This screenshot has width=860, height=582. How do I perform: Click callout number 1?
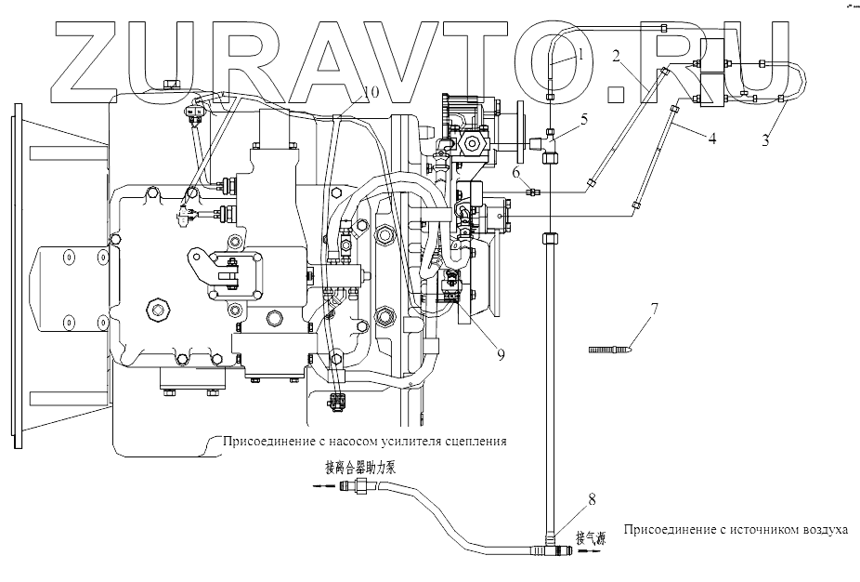(581, 55)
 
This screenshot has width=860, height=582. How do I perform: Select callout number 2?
(615, 55)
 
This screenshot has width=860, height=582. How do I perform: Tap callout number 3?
(765, 140)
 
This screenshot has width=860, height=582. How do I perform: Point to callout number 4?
(711, 139)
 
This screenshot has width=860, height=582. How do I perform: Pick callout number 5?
(583, 119)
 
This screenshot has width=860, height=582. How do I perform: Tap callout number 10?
(370, 92)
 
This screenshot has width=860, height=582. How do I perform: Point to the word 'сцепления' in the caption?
(476, 441)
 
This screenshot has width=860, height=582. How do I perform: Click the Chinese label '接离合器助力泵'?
(360, 468)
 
